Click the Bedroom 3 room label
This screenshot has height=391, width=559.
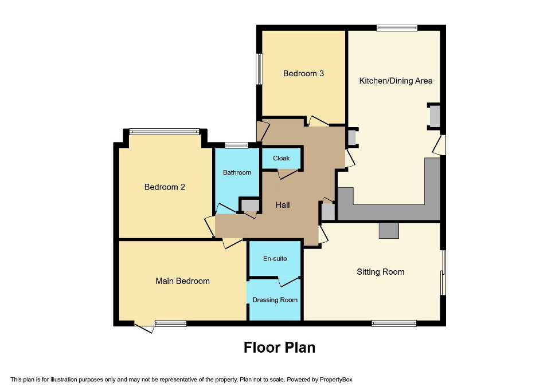[x=303, y=73]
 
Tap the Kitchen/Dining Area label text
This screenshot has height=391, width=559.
[x=396, y=81]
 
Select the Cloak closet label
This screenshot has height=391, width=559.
[x=281, y=159]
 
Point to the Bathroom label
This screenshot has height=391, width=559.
[x=237, y=172]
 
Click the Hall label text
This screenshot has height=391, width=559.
[x=283, y=205]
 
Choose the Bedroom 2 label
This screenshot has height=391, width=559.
[x=165, y=187]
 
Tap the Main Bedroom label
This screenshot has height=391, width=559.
[x=182, y=281]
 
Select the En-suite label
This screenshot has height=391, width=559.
[x=275, y=259]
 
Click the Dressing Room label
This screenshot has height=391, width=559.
[x=275, y=300]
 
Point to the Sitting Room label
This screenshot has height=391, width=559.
[x=380, y=272]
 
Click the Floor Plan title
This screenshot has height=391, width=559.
[x=279, y=347]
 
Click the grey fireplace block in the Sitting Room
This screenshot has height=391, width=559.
[x=389, y=230]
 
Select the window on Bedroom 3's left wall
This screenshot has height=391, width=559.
[x=259, y=69]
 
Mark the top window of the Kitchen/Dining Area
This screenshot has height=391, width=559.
[x=397, y=27]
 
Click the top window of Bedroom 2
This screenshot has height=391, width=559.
[x=164, y=132]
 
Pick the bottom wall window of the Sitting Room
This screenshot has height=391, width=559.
[x=394, y=323]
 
